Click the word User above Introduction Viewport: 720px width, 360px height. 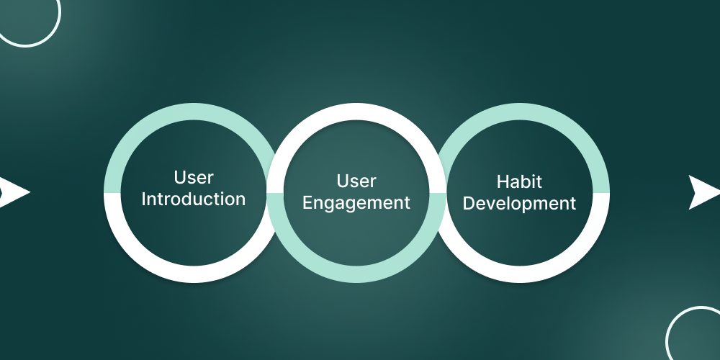coord(194,178)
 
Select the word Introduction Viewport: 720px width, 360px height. coord(194,199)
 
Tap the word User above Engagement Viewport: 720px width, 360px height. coord(356,181)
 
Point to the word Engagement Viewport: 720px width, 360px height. coord(356,203)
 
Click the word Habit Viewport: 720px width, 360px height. coord(519,181)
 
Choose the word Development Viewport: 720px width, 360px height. coord(519,204)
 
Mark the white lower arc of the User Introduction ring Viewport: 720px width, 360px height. coord(193,274)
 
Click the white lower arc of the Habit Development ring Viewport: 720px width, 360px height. coord(520,274)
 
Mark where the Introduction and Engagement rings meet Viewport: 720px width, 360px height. coord(274,193)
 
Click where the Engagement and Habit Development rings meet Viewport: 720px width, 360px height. coord(438,193)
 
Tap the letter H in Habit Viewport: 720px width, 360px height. coord(502,181)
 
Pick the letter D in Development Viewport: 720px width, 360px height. coord(469,204)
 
